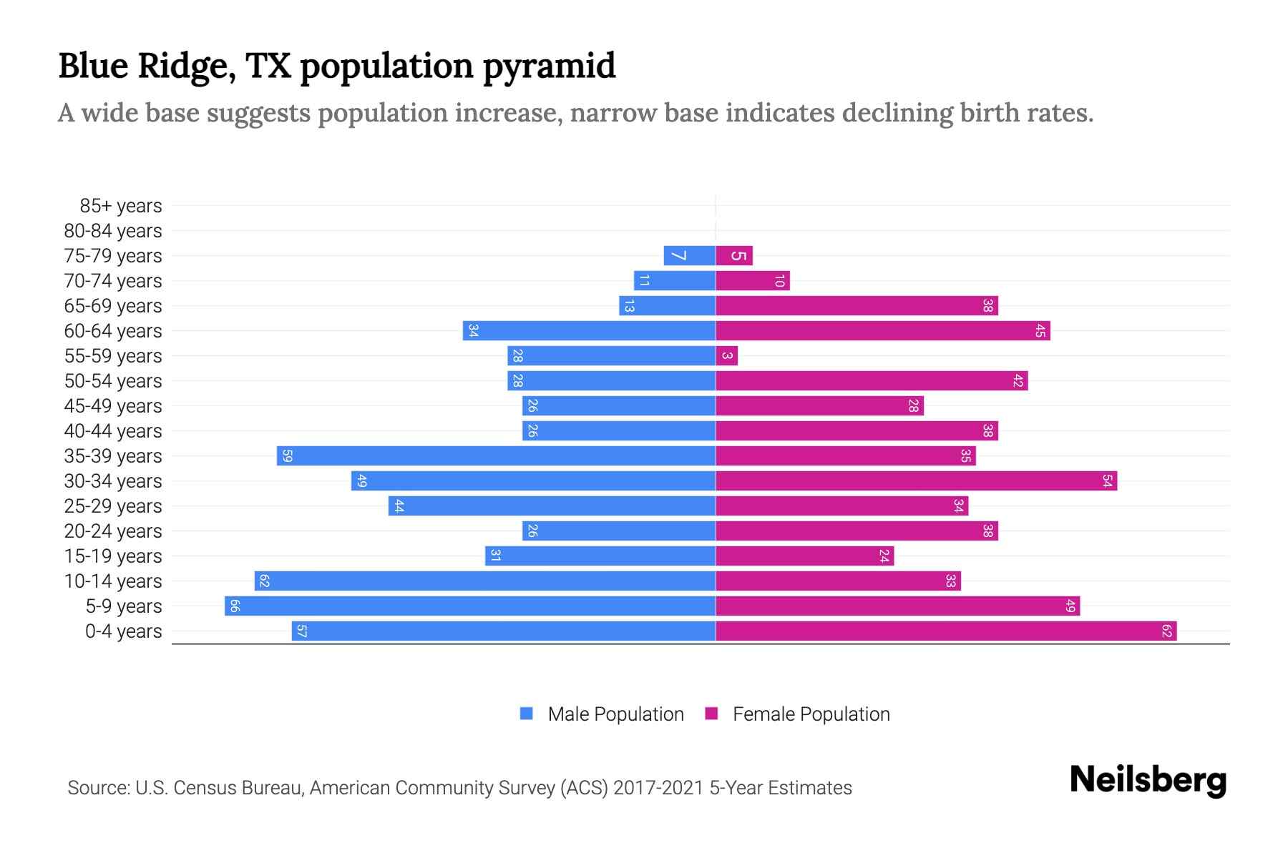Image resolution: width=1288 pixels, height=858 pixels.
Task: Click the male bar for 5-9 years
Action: pyautogui.click(x=470, y=606)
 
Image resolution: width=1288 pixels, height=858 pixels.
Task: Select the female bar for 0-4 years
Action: pyautogui.click(x=946, y=631)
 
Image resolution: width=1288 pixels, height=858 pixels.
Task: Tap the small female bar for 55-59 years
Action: pyautogui.click(x=726, y=356)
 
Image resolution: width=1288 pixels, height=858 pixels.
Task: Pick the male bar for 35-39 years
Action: pyautogui.click(x=496, y=456)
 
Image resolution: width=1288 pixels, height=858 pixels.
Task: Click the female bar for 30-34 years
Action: pyautogui.click(x=916, y=481)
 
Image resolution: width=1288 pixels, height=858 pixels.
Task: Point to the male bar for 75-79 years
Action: pyautogui.click(x=689, y=256)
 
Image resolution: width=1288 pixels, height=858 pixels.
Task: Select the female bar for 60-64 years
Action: pyautogui.click(x=882, y=331)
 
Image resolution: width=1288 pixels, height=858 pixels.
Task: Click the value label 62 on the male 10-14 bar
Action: pyautogui.click(x=264, y=581)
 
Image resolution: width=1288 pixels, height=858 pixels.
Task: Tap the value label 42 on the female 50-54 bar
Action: pyautogui.click(x=1018, y=381)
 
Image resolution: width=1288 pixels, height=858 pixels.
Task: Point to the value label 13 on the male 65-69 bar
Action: pyautogui.click(x=629, y=306)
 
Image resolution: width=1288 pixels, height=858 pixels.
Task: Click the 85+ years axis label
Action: pyautogui.click(x=121, y=206)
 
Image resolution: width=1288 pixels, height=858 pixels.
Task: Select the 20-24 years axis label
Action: pyautogui.click(x=113, y=531)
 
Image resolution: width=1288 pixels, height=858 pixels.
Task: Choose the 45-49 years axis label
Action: pyautogui.click(x=113, y=406)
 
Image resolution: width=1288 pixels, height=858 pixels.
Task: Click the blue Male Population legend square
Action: pyautogui.click(x=527, y=714)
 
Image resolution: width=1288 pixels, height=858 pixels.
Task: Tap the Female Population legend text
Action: pyautogui.click(x=811, y=714)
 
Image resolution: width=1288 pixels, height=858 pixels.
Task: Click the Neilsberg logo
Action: pyautogui.click(x=1148, y=780)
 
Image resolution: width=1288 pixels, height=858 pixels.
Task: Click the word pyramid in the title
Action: pyautogui.click(x=549, y=66)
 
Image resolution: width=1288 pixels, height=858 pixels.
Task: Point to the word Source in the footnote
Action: pyautogui.click(x=97, y=788)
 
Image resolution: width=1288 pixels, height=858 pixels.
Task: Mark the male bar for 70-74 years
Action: pyautogui.click(x=674, y=281)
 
